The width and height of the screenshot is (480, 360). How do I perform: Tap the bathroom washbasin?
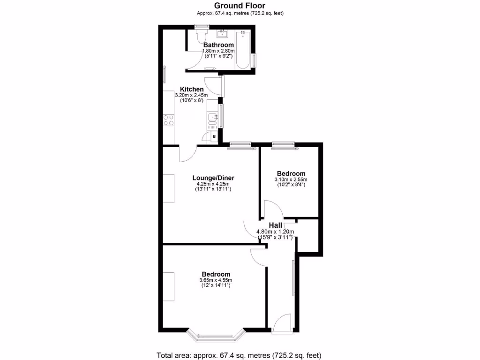[x=222, y=34]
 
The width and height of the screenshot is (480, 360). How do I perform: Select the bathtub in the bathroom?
[x=242, y=50]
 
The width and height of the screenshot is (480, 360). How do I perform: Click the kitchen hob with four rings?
[x=168, y=120]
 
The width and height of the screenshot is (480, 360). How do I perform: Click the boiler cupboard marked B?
[x=214, y=136]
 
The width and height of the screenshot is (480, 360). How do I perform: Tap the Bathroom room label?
[x=218, y=45]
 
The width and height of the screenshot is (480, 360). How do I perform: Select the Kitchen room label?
[x=192, y=89]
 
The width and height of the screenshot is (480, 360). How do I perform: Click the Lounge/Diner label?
[x=213, y=178]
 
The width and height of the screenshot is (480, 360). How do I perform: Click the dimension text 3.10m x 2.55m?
[x=291, y=180]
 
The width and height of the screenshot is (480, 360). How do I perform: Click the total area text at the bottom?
[x=240, y=355]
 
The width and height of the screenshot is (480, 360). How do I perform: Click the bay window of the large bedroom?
[x=216, y=335]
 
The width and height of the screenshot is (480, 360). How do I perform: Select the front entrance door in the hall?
[x=283, y=324]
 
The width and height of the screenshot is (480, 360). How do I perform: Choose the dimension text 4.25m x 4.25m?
[x=213, y=184]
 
